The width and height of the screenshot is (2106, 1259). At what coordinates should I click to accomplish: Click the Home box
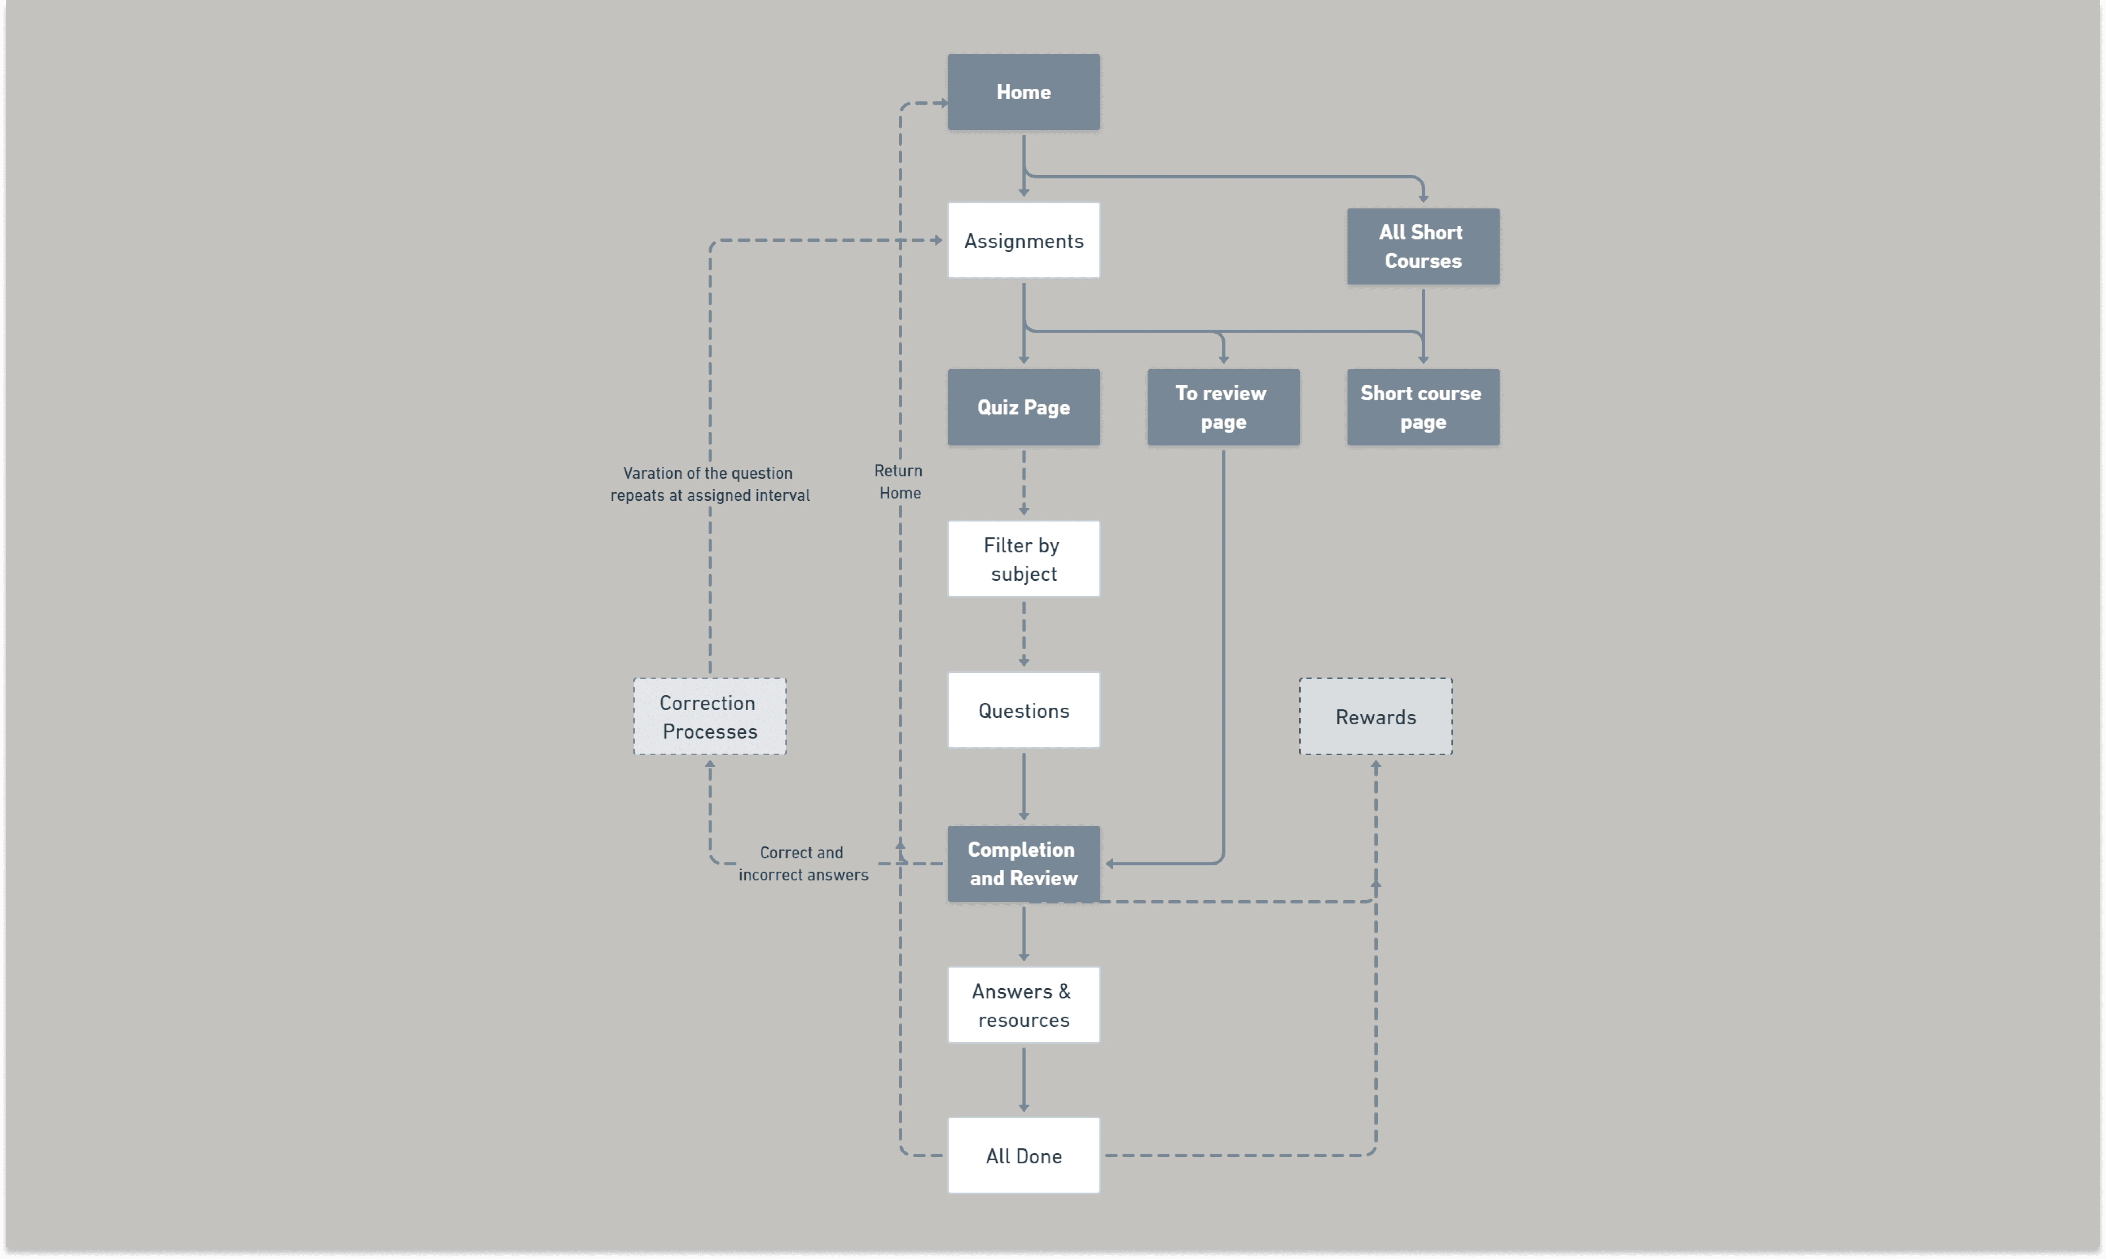[x=1023, y=92]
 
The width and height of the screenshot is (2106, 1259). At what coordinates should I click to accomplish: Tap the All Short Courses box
[x=1423, y=246]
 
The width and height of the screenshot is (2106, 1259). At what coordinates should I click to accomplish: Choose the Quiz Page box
[x=1023, y=407]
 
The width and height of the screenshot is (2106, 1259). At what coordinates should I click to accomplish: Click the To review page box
[x=1223, y=407]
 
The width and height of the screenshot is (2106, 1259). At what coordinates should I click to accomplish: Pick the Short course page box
[x=1423, y=407]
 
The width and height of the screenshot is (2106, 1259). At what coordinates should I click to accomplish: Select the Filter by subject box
[x=1023, y=559]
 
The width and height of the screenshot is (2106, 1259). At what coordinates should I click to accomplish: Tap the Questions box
[x=1023, y=710]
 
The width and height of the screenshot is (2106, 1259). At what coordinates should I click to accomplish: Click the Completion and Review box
[x=1023, y=864]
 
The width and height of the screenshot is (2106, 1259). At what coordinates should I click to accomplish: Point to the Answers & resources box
[x=1023, y=1005]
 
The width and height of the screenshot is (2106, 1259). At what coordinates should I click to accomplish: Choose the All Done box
[x=1023, y=1155]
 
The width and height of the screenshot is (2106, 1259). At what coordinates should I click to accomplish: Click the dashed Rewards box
[x=1376, y=717]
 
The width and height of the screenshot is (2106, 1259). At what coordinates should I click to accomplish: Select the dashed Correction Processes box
[x=709, y=717]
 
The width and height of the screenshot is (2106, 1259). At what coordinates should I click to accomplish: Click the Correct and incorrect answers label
[x=803, y=864]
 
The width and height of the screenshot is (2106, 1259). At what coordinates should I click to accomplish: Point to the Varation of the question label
[x=709, y=484]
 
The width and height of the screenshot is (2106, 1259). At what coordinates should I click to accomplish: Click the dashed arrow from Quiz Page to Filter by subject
[x=1023, y=482]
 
